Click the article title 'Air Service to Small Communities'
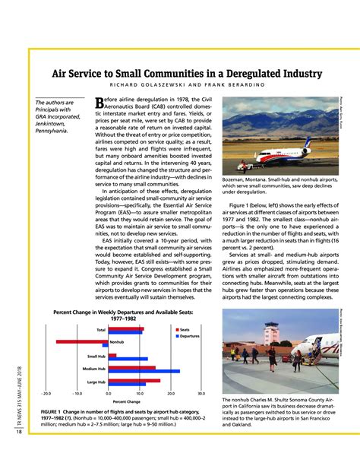point(185,74)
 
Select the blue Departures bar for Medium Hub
point(144,371)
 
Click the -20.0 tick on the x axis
point(46,394)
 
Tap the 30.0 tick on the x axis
point(201,394)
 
